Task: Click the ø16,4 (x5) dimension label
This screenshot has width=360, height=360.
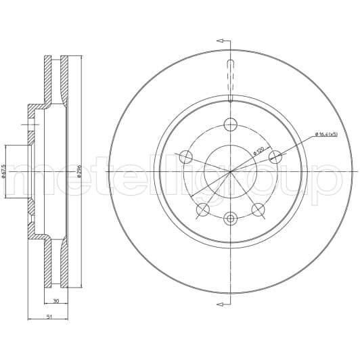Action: pyautogui.click(x=330, y=134)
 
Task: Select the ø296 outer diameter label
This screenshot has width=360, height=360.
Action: pyautogui.click(x=79, y=171)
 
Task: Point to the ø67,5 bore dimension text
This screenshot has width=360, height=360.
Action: pyautogui.click(x=4, y=171)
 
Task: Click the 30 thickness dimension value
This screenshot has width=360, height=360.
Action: pyautogui.click(x=56, y=301)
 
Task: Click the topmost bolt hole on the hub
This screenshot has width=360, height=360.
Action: pyautogui.click(x=230, y=125)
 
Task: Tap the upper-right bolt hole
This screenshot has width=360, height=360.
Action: pyautogui.click(x=275, y=157)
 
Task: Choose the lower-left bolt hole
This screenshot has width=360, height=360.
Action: pyautogui.click(x=202, y=209)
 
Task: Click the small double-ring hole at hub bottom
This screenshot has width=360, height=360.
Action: pyautogui.click(x=230, y=218)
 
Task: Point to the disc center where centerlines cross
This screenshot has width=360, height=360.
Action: pyautogui.click(x=230, y=171)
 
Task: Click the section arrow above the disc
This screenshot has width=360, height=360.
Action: pyautogui.click(x=221, y=40)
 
